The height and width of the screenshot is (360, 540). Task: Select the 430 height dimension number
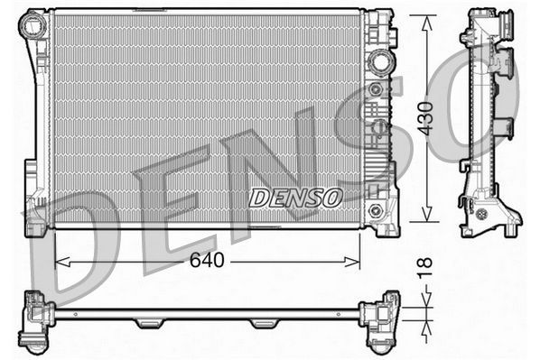[425, 117]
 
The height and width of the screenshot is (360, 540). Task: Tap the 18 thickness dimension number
[425, 266]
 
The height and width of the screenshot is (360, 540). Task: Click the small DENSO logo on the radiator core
[295, 197]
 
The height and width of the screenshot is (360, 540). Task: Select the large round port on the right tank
[378, 61]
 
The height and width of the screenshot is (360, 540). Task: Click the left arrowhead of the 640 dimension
[61, 262]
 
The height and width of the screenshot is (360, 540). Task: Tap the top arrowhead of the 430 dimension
[425, 19]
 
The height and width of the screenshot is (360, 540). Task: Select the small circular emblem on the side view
[482, 214]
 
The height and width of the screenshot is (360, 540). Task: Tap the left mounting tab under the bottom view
[148, 323]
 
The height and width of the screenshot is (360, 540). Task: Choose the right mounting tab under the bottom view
[264, 323]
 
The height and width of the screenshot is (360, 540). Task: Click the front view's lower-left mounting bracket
[38, 217]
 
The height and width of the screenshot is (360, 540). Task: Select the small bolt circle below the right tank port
[373, 89]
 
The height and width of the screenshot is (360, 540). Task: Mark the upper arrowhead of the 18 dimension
[425, 305]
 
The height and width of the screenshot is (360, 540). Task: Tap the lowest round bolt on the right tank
[379, 211]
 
